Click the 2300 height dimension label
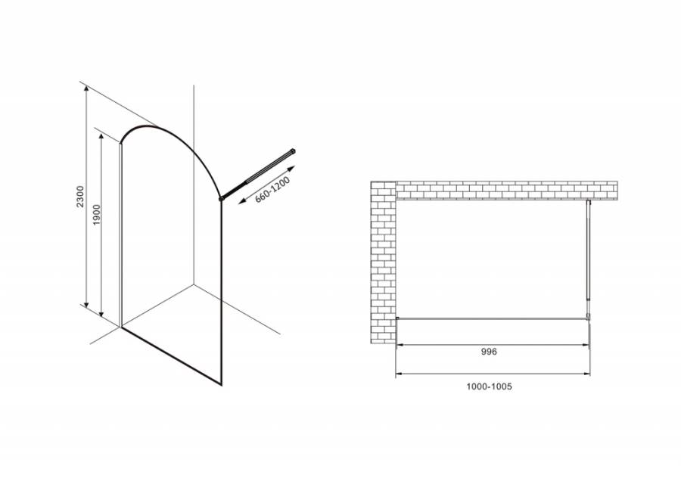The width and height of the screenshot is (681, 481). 80,196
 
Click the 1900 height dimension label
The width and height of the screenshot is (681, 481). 96,215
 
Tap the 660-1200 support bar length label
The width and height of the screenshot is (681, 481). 272,190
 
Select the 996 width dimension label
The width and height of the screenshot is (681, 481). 489,352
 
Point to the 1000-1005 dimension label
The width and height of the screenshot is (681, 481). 489,386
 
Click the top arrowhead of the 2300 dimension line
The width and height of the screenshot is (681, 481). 87,88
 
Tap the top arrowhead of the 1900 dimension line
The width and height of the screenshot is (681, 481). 101,137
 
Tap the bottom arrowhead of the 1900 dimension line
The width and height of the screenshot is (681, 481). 101,313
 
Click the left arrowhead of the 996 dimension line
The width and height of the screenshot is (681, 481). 399,345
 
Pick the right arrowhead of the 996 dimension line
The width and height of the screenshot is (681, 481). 586,345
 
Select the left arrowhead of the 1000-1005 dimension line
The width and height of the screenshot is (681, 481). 399,374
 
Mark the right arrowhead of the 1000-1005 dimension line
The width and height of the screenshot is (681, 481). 587,374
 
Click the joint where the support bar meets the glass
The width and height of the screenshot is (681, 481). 222,198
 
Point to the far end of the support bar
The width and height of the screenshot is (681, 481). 294,151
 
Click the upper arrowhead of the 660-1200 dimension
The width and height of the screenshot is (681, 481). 292,168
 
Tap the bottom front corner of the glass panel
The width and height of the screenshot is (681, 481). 222,385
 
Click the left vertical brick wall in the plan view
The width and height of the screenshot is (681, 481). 383,262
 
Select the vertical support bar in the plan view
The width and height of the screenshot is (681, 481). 588,259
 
